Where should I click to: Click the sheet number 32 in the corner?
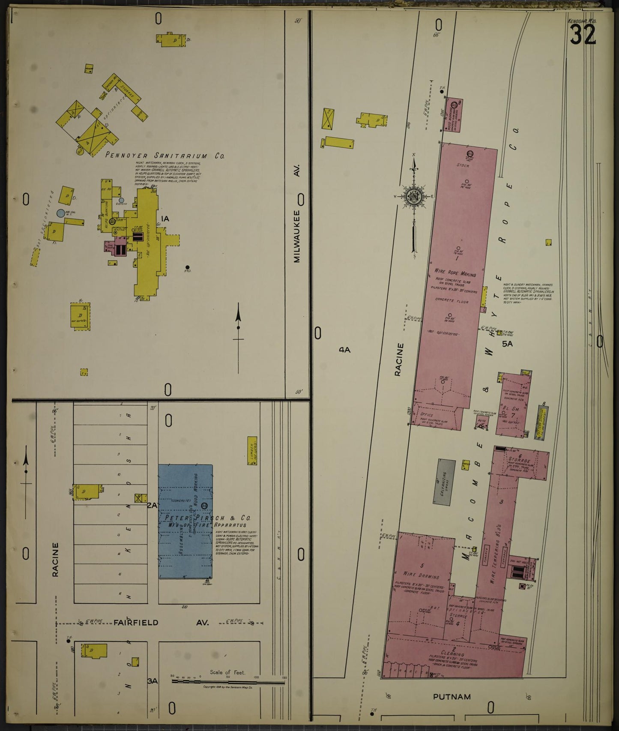point(583,35)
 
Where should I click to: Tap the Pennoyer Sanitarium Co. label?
point(165,156)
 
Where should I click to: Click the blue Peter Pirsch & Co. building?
point(185,521)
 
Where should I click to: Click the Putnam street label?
point(452,697)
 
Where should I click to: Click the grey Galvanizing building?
point(444,482)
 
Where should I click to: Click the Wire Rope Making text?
point(455,272)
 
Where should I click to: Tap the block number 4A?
point(344,350)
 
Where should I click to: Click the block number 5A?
point(507,344)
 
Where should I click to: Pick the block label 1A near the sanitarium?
point(164,219)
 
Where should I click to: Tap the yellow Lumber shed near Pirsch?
point(252,450)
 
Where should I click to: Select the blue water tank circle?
point(61,213)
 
